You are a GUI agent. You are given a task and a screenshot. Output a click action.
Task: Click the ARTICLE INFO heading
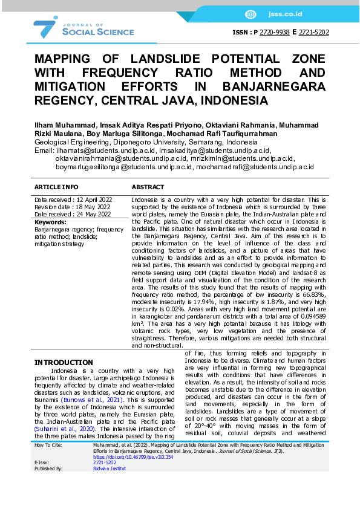click(56, 187)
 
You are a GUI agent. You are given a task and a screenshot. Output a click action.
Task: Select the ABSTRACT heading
click(148, 187)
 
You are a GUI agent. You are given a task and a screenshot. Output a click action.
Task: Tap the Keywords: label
click(50, 222)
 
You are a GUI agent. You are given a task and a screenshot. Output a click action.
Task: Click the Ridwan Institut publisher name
click(110, 468)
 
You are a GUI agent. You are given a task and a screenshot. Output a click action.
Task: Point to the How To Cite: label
click(50, 444)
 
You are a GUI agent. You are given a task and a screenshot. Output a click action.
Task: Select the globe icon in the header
click(250, 14)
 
